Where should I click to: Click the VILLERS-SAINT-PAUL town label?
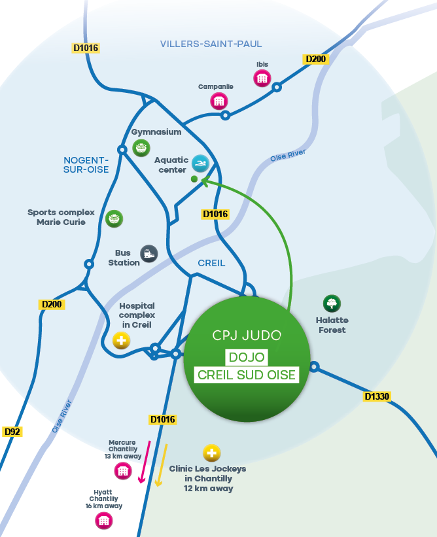[211, 44]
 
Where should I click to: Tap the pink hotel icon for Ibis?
[262, 78]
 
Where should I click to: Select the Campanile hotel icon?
[218, 101]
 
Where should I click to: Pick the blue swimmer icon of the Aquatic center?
[200, 163]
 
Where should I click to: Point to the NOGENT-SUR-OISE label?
[86, 165]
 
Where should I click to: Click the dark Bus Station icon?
[149, 254]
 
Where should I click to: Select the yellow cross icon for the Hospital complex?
[121, 340]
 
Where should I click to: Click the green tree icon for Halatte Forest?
[332, 303]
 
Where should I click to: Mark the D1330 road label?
[377, 396]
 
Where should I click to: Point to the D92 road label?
[12, 432]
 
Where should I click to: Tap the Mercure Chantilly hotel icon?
[123, 470]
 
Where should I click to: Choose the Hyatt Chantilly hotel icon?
[104, 521]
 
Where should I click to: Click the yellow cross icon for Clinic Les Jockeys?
[211, 453]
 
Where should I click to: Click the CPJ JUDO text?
[247, 336]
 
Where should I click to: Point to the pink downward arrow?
[145, 462]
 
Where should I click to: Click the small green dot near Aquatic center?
[194, 179]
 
